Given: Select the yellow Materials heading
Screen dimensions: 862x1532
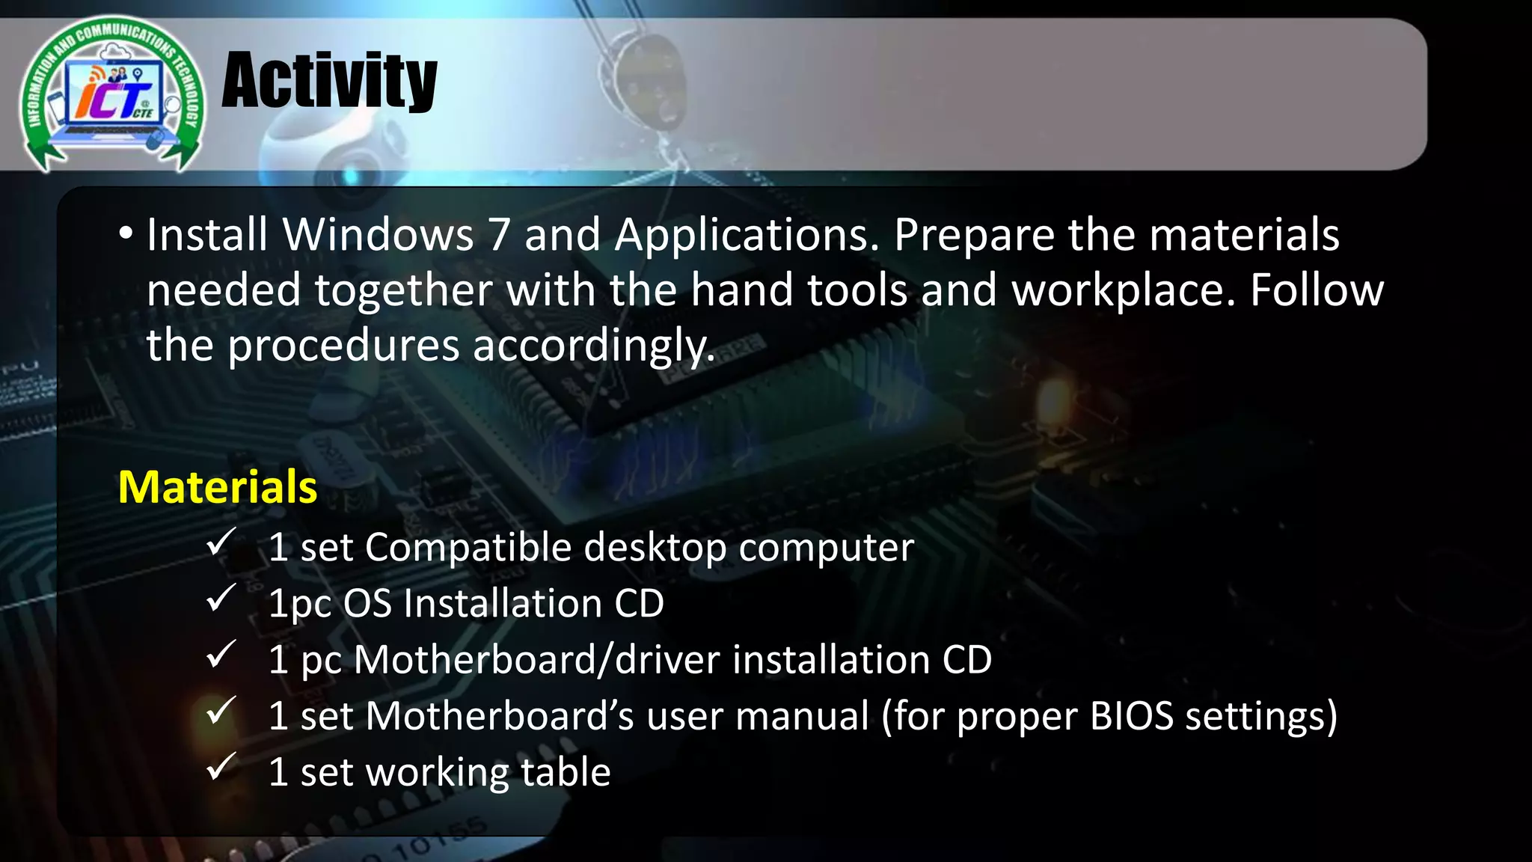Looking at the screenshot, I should pyautogui.click(x=218, y=487).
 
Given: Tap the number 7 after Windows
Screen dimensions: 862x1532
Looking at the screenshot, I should pyautogui.click(x=499, y=235).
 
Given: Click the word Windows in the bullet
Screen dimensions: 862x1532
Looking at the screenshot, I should pyautogui.click(x=378, y=235).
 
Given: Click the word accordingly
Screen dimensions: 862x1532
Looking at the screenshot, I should pyautogui.click(x=594, y=346).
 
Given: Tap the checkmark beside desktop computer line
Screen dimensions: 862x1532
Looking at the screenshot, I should pyautogui.click(x=221, y=542).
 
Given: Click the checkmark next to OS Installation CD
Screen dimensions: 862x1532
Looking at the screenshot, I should pyautogui.click(x=221, y=598).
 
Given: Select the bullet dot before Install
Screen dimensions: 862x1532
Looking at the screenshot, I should pyautogui.click(x=126, y=234).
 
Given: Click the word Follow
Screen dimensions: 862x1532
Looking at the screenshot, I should pyautogui.click(x=1317, y=290).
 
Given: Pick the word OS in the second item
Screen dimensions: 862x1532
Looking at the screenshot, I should pyautogui.click(x=367, y=604).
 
